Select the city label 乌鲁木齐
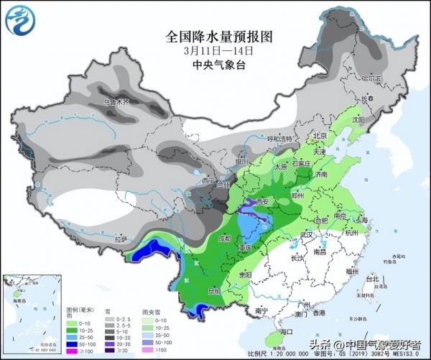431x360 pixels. [x=119, y=103]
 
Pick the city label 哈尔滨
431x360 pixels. [x=371, y=77]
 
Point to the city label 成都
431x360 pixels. [x=226, y=238]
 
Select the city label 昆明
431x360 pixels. [x=214, y=291]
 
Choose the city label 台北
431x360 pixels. [x=372, y=278]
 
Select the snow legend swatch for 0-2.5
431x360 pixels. [x=112, y=315]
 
